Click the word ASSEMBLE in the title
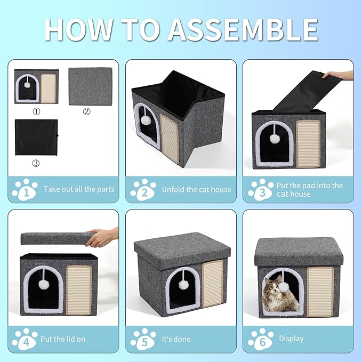coord(244,29)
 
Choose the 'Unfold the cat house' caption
coord(196,189)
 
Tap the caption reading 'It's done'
coord(175,339)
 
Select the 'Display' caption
coord(291,339)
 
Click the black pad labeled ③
coord(36,137)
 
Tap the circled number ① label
coord(36,112)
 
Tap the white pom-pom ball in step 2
coord(144,120)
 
